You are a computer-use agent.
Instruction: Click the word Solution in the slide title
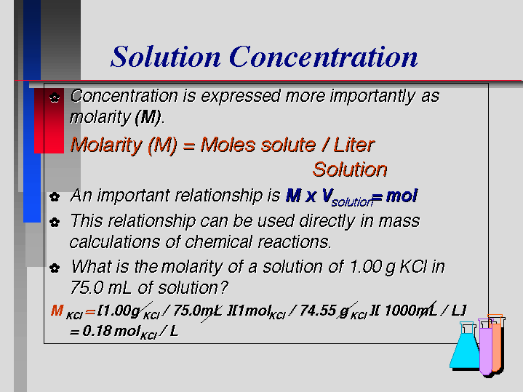(165, 57)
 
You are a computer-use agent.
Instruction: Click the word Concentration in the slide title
(323, 57)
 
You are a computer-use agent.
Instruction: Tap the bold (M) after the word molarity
(148, 117)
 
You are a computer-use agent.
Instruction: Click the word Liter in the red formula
(354, 145)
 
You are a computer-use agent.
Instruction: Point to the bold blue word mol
(402, 196)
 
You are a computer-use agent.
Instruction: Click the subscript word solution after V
(352, 202)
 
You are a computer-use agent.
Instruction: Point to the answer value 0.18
(97, 331)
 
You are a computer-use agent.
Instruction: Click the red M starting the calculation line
(57, 311)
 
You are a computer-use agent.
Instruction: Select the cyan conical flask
(466, 346)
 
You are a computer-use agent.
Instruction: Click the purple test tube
(486, 347)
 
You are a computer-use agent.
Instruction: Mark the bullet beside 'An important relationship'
(55, 196)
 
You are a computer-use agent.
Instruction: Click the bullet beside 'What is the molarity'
(55, 268)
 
